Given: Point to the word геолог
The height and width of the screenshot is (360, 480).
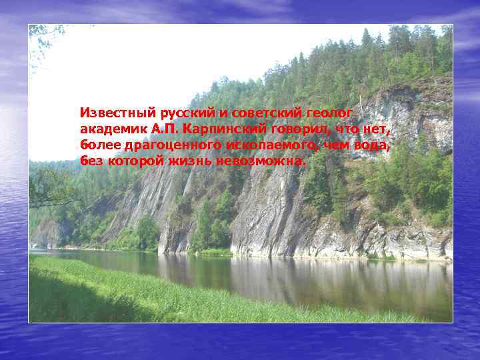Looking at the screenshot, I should (x=331, y=111).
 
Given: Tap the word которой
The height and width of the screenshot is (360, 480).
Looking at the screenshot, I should (x=132, y=161).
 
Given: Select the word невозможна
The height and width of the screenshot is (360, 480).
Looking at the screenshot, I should (x=261, y=161).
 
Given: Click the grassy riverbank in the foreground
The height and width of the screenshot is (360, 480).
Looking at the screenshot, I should (x=133, y=293).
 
